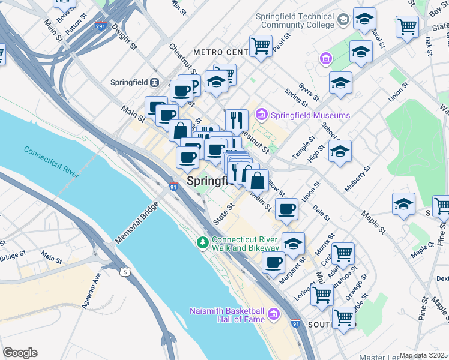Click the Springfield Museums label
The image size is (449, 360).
(x=310, y=115)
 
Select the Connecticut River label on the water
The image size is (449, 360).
(x=52, y=161)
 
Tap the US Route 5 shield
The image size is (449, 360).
(x=125, y=272)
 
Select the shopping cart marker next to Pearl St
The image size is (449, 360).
(x=261, y=45)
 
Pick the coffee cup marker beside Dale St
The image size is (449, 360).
(x=286, y=209)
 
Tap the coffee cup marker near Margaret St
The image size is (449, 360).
(x=273, y=262)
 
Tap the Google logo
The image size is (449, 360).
(x=20, y=352)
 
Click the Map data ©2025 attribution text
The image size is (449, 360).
(x=423, y=355)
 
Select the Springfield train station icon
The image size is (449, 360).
(x=155, y=82)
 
